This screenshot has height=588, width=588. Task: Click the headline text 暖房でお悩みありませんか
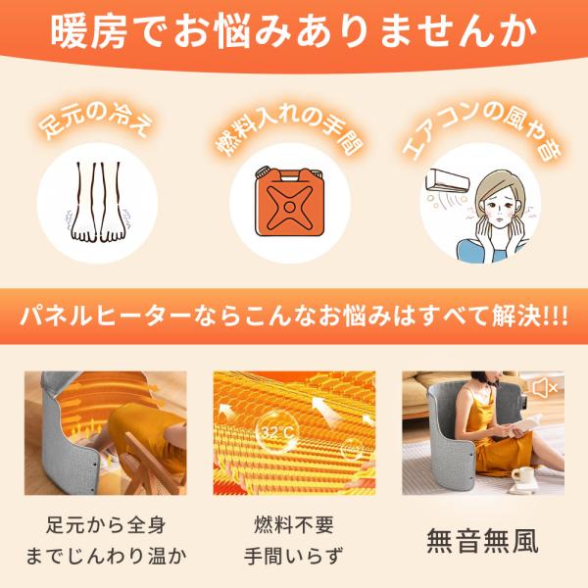tap(294, 32)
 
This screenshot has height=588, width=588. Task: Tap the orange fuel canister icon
tap(289, 203)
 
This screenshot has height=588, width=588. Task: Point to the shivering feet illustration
tap(97, 203)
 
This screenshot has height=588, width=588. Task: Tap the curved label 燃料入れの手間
tap(289, 129)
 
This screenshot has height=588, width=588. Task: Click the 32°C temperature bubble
tap(276, 433)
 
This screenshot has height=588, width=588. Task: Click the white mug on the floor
tap(522, 474)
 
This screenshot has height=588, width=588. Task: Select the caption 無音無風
tap(482, 540)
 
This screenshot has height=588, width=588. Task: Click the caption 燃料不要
tap(294, 524)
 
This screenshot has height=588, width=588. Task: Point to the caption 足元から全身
tap(106, 524)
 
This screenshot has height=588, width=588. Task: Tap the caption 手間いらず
tap(294, 556)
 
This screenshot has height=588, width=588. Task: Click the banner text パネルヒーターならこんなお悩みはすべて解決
tap(280, 317)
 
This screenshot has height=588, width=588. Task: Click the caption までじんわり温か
tap(106, 556)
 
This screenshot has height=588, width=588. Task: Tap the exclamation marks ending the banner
tap(556, 318)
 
